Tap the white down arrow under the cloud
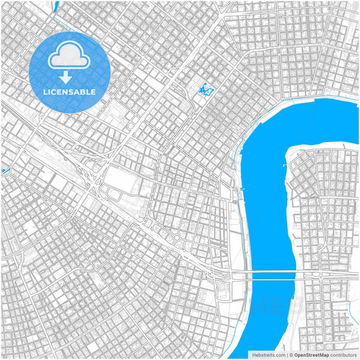point(66,77)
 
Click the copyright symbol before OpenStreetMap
point(292,354)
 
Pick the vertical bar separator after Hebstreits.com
point(287,354)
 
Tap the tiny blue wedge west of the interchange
point(4,170)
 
